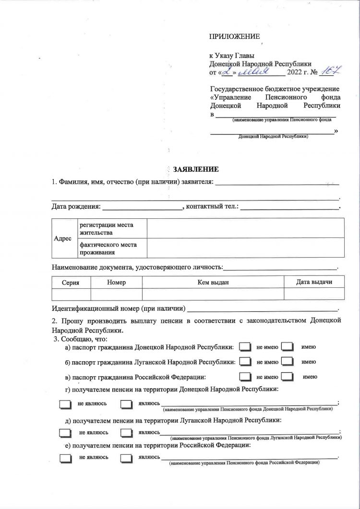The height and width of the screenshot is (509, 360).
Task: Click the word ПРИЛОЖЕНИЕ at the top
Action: tap(234, 37)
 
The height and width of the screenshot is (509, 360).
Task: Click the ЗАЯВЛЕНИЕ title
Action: tap(196, 169)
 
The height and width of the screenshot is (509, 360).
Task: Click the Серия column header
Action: tap(71, 283)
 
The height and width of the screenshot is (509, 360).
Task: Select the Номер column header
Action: tap(117, 283)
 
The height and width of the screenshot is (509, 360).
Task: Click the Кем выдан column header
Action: tap(213, 283)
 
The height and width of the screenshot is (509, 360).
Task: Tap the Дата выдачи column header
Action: tap(314, 282)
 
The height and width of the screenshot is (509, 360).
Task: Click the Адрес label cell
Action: tap(62, 238)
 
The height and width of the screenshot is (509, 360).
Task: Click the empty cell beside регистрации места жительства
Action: tap(245, 228)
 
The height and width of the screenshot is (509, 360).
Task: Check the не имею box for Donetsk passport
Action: tap(245, 347)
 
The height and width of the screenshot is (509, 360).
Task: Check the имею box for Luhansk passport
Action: tap(287, 362)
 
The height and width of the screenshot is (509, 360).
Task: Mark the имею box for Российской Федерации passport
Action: tap(287, 377)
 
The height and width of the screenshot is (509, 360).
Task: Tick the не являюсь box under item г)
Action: tap(64, 404)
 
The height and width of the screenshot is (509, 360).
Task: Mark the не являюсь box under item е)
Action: tap(64, 458)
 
